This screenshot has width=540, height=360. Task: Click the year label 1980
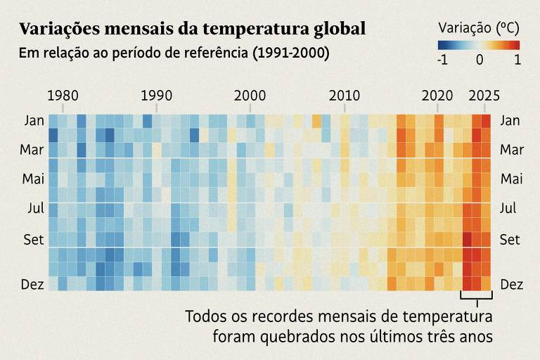tap(63, 96)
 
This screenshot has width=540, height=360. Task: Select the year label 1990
tap(156, 96)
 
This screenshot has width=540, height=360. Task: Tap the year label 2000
tap(250, 96)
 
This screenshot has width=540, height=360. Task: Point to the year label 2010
tap(345, 96)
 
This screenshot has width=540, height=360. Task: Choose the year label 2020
tap(437, 96)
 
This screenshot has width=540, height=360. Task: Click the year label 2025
tap(484, 96)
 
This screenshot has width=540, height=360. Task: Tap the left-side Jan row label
tap(34, 120)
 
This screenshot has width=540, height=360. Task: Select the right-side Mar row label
tap(511, 150)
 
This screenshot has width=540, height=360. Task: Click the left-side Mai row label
tap(33, 179)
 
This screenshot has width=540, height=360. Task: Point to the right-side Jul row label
tap(508, 208)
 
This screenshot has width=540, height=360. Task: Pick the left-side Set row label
tap(34, 239)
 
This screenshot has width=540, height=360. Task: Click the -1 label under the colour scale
tap(442, 60)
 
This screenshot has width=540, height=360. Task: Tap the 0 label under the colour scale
tap(480, 60)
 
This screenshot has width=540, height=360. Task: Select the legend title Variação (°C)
tap(479, 28)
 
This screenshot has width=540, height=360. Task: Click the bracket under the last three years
tap(476, 301)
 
